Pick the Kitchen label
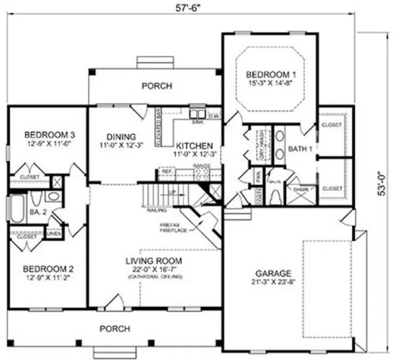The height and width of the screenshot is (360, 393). [x=194, y=146]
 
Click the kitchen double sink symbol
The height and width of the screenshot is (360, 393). [x=196, y=114]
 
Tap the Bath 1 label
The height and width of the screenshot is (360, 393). [x=299, y=149]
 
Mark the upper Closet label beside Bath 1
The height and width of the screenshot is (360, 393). [x=332, y=125]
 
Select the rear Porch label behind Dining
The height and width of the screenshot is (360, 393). [x=157, y=86]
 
